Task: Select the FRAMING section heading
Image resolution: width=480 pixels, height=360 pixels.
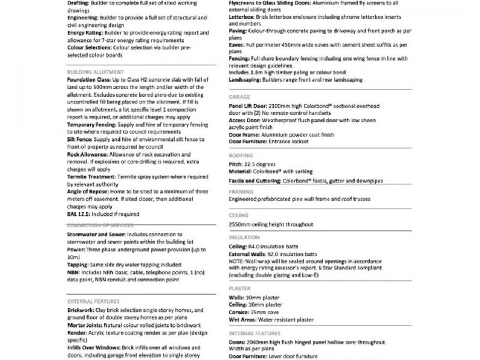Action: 241,191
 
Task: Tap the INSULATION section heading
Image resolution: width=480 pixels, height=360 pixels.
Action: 245,237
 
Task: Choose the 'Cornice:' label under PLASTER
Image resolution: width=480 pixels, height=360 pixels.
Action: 241,311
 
